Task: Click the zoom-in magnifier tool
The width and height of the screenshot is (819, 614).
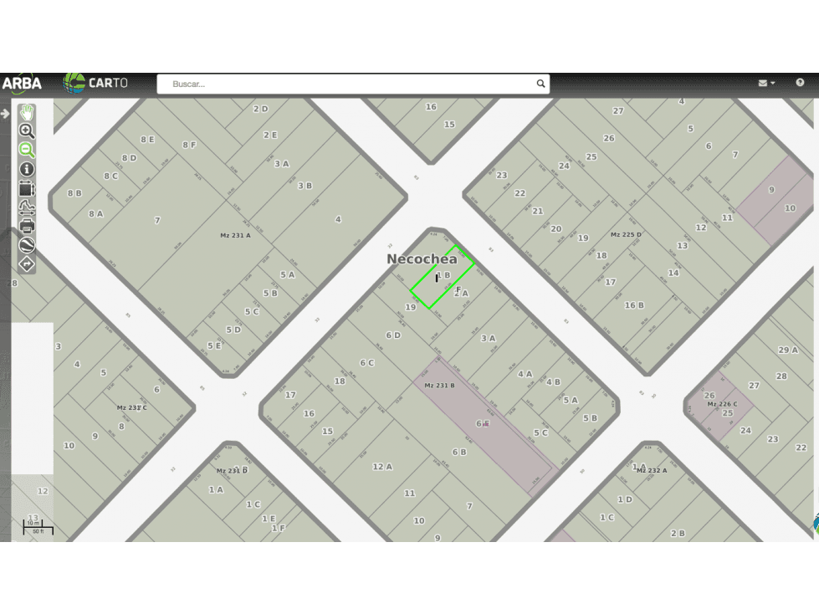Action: pos(27,130)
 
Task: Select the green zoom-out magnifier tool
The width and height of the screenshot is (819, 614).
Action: pos(27,150)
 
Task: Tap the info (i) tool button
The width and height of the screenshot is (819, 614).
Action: pos(27,169)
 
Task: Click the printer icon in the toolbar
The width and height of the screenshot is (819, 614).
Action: pos(27,226)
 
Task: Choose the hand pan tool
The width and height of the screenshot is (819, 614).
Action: pos(27,111)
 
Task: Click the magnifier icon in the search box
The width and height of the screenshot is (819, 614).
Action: pos(540,84)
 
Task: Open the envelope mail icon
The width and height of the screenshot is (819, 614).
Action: pos(763,83)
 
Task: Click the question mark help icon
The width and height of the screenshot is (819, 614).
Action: pos(800,83)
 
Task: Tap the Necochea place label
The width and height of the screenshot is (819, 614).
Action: pos(422,259)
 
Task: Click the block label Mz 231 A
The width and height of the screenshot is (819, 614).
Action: pos(235,236)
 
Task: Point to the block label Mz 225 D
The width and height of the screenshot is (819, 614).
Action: pos(626,235)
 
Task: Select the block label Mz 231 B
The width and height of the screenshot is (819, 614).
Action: pos(439,386)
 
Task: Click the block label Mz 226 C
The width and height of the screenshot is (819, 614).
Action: pos(722,404)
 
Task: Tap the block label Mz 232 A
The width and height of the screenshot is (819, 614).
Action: pos(651,470)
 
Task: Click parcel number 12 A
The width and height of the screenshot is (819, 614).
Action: pos(382,467)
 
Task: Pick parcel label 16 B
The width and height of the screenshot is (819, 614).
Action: pos(634,305)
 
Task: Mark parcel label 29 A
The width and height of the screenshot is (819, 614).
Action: pos(788,350)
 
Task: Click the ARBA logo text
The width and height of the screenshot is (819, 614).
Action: pos(22,83)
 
